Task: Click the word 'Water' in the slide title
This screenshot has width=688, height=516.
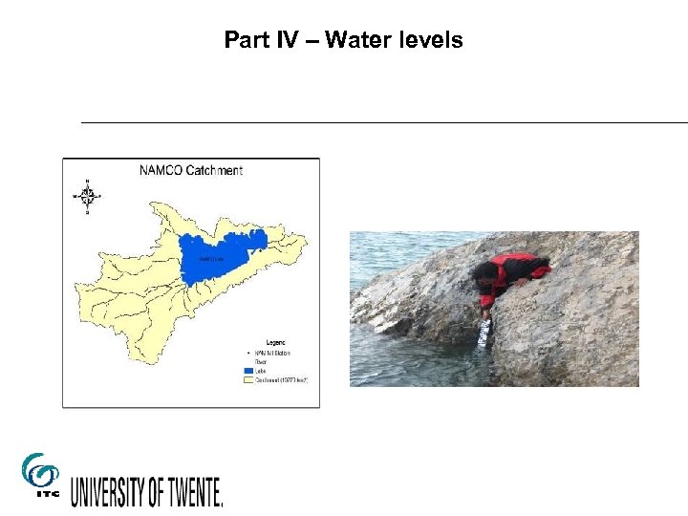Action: [x=357, y=40]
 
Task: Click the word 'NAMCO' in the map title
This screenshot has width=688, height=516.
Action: [x=159, y=171]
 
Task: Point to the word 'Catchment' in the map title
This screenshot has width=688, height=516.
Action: [x=214, y=171]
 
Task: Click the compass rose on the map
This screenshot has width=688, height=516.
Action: [x=87, y=196]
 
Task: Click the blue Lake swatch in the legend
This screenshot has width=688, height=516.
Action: [x=247, y=371]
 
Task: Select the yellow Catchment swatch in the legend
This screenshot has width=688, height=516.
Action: [x=247, y=379]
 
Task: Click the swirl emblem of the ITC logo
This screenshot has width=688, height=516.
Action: [x=39, y=470]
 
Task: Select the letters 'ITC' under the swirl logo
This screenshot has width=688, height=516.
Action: [x=39, y=494]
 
